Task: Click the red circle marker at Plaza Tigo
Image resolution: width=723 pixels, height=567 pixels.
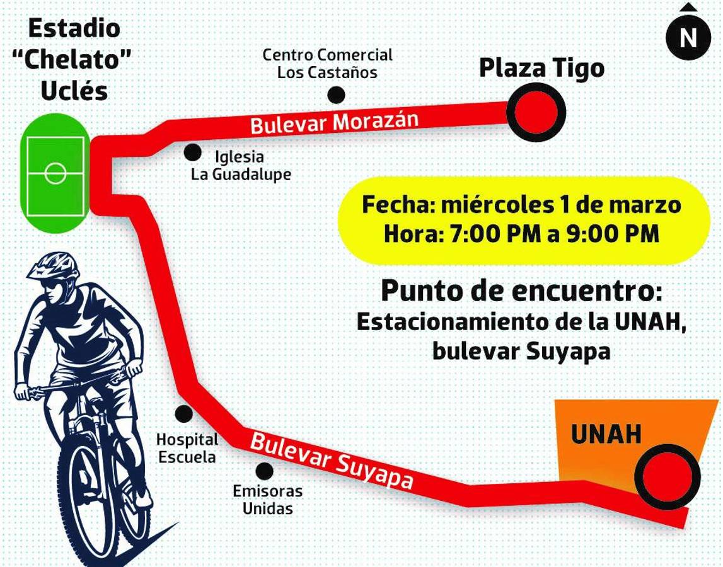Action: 536,113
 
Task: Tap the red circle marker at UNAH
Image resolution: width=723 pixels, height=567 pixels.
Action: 668,476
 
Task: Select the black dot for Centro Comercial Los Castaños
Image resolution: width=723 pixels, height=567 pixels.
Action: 337,95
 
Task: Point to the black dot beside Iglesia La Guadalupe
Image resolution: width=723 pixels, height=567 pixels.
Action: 192,152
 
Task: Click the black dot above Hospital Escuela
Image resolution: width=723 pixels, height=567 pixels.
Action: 183,414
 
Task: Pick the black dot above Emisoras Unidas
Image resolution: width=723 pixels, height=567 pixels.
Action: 265,471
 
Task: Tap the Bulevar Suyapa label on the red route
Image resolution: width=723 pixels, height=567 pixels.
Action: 332,461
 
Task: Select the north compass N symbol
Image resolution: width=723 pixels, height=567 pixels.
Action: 688,38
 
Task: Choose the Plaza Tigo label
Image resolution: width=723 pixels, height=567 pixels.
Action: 541,68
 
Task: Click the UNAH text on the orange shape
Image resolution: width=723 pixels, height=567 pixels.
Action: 606,434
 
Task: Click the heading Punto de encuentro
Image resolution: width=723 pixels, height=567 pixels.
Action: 521,291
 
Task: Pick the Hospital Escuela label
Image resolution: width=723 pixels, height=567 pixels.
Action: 187,448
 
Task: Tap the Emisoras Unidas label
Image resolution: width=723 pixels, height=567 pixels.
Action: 267,499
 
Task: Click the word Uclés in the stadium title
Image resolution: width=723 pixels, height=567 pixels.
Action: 74,91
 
